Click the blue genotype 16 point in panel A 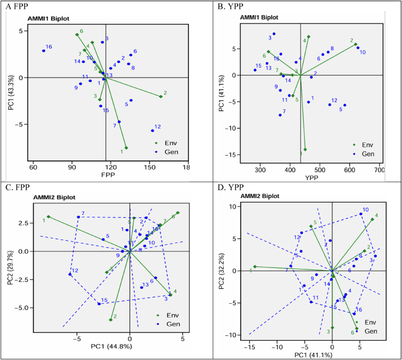[43, 51]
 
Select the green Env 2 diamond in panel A [161, 97]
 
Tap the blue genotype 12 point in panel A [153, 130]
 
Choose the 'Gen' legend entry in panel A [167, 152]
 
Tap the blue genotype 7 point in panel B [280, 115]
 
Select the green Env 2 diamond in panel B [356, 44]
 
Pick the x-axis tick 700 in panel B [379, 170]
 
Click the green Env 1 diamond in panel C [49, 217]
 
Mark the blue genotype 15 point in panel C [99, 304]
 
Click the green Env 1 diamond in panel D [254, 267]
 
